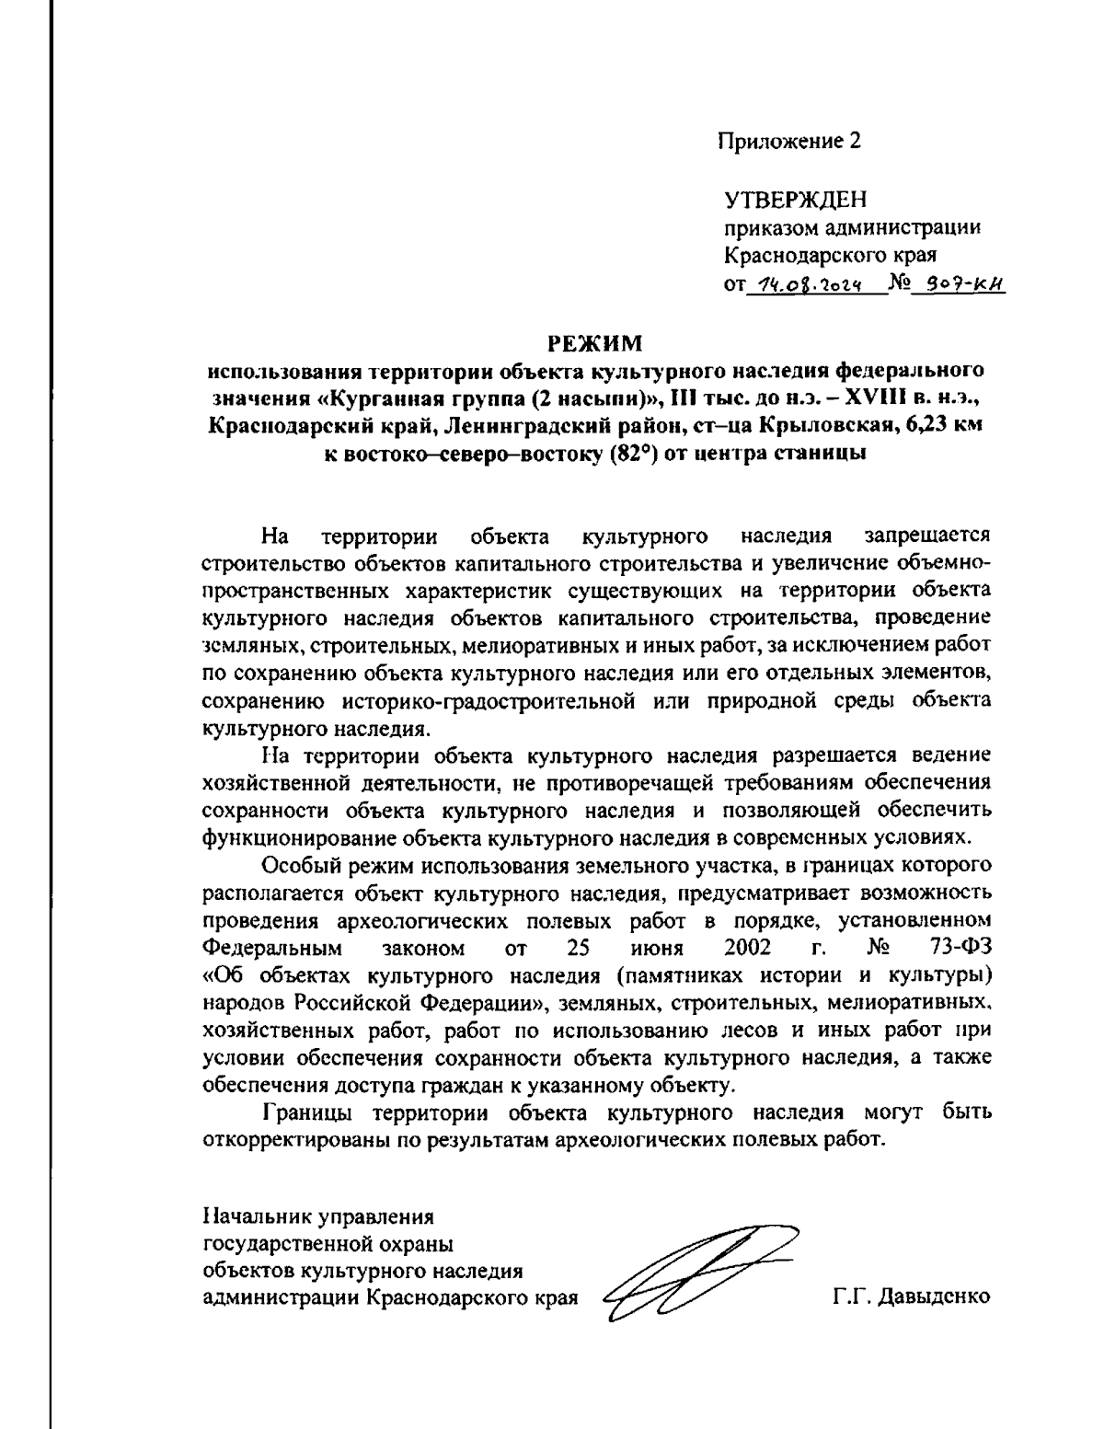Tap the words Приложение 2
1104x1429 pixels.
pos(791,141)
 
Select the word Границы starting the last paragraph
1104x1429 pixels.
pos(308,1113)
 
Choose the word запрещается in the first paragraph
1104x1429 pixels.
pos(926,536)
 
